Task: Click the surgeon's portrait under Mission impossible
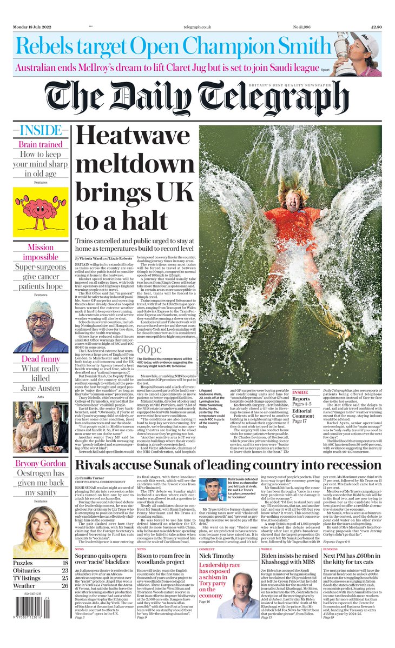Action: [41, 323]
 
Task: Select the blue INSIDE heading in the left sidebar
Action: [40, 130]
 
